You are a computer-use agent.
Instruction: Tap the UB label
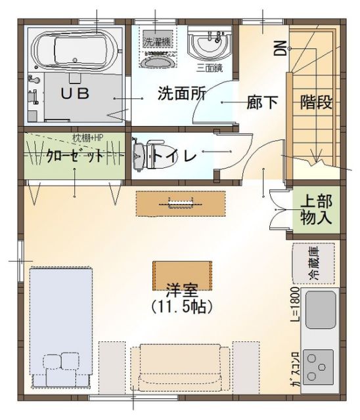click(x=75, y=93)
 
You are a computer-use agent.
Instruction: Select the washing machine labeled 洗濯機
click(x=158, y=39)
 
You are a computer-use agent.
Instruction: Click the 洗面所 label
click(x=181, y=93)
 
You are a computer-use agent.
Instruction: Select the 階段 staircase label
click(x=316, y=102)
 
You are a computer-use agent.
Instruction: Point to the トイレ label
click(x=175, y=156)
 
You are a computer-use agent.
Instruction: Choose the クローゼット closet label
click(x=76, y=156)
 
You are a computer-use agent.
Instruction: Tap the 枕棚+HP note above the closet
click(x=89, y=138)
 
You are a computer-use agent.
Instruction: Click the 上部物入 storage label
click(x=317, y=210)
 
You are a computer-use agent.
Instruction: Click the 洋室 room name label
click(x=182, y=289)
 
